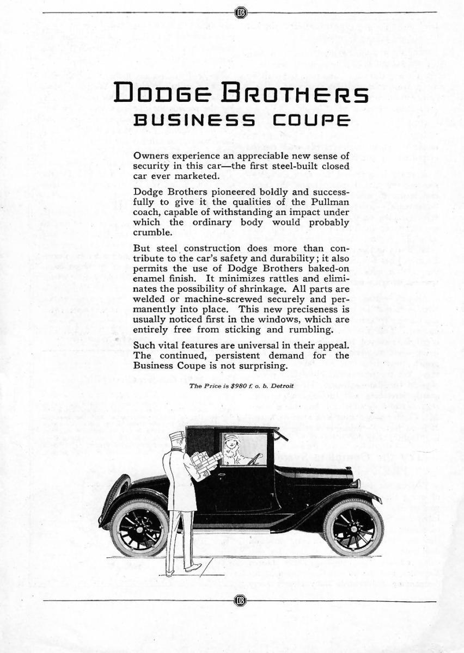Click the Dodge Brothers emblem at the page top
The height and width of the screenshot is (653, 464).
[240, 13]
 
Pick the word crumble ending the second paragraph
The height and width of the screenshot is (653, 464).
[149, 232]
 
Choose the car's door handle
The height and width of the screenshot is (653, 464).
[221, 475]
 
